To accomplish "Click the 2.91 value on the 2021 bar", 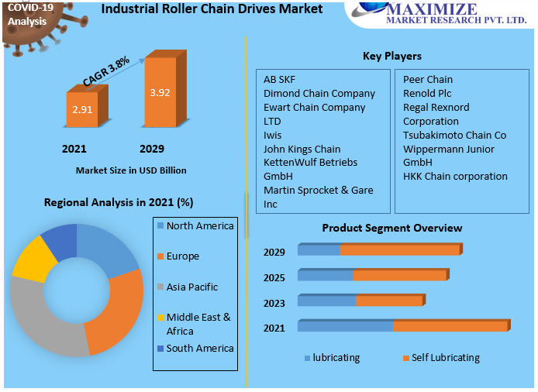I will pos(82,110).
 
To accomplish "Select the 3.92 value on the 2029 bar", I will pos(160,93).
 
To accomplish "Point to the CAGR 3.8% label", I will pos(106,71).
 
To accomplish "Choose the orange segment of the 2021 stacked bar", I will pos(450,326).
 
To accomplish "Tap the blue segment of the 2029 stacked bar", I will pos(319,249).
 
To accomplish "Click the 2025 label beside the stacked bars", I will pos(274,277).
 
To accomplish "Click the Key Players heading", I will pos(392,56).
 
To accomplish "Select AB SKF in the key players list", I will pos(279,79).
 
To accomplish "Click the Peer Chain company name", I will pos(428,79).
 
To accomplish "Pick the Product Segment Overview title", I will pos(392,228).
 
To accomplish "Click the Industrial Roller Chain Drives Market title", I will pos(201,9).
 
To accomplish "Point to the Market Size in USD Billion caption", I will pos(131,170).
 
